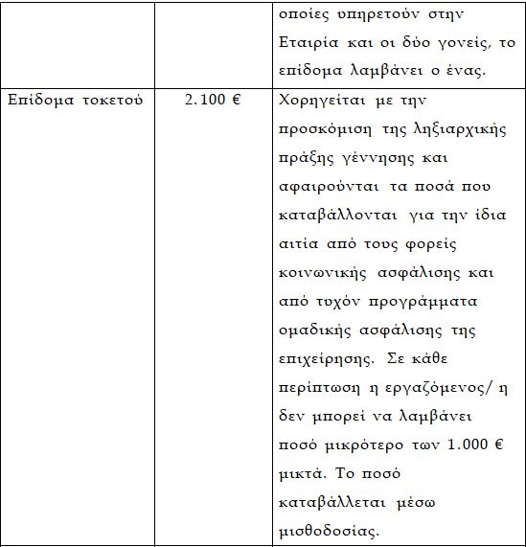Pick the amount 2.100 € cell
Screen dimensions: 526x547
tap(212, 100)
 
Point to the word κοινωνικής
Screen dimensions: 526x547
tap(317, 273)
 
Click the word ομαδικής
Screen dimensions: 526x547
tap(310, 330)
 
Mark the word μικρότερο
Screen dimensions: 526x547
tap(372, 445)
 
